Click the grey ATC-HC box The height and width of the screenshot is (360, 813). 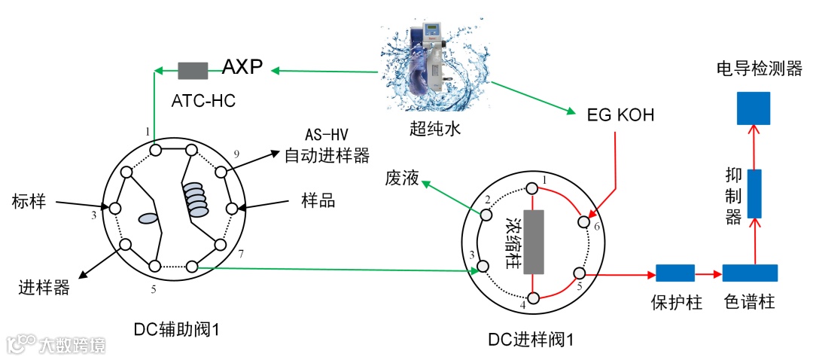[x=192, y=71]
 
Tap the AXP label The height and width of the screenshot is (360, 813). [x=242, y=69]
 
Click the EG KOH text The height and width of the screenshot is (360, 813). [x=620, y=115]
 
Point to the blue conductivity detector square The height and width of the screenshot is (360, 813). [x=753, y=108]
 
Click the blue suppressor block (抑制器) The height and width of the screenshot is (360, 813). [x=753, y=194]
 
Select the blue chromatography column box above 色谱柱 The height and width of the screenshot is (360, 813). [x=750, y=273]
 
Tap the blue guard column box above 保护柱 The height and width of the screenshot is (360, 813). [x=675, y=273]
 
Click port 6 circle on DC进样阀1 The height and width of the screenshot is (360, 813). [x=583, y=221]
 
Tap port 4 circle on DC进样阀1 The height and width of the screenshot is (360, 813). [x=533, y=299]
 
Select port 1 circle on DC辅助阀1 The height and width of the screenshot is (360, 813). [x=155, y=151]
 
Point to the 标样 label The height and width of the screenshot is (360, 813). [x=29, y=201]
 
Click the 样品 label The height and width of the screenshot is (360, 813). [x=318, y=201]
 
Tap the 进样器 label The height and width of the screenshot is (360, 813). [x=44, y=288]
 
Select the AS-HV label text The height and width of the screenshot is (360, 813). [x=326, y=136]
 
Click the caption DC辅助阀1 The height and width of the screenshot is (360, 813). [x=181, y=328]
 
